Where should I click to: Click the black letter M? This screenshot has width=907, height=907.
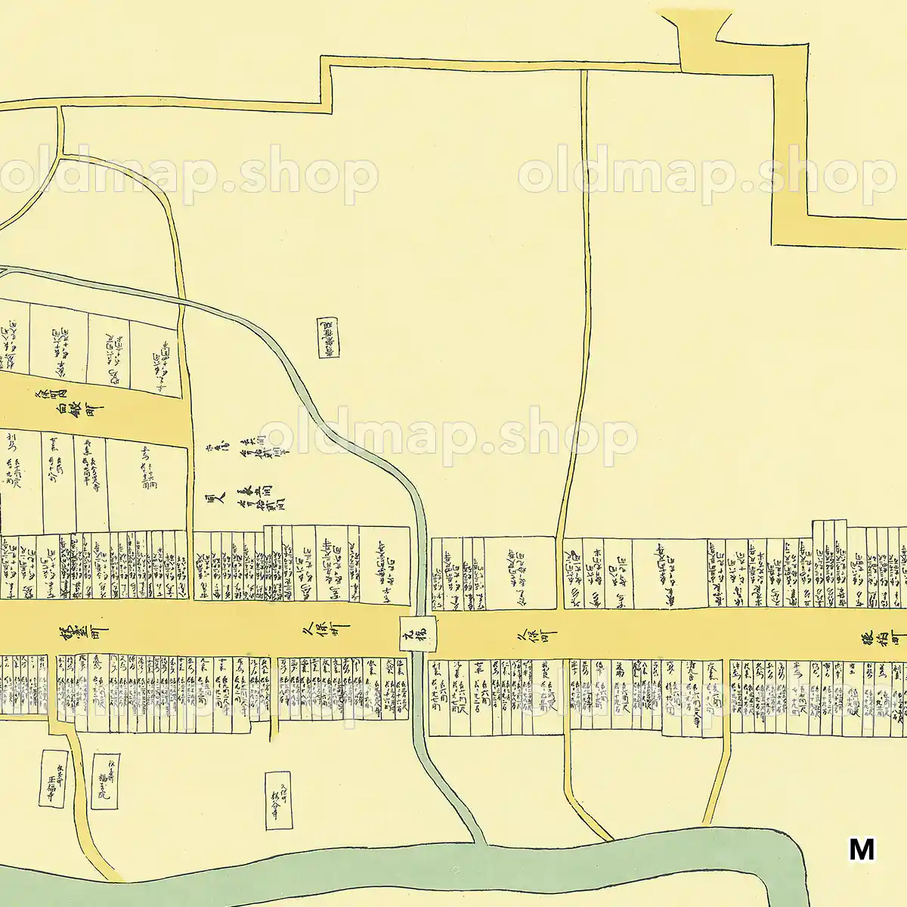[x=862, y=850]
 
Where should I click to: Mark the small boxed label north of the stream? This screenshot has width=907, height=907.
[x=328, y=336]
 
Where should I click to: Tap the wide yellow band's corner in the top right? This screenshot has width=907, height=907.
[x=786, y=227]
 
